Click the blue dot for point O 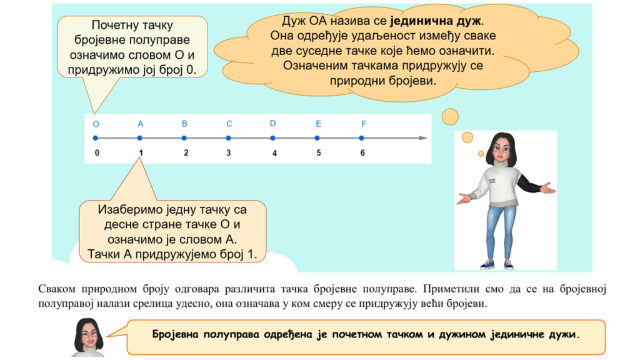tap(96, 138)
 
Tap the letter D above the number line tap(272, 123)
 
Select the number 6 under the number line tap(362, 152)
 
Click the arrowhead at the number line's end tap(423, 138)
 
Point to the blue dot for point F tap(362, 138)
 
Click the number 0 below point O tap(97, 152)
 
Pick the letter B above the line tap(184, 124)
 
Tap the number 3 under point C tap(229, 152)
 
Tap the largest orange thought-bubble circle tap(450, 117)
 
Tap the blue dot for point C tap(229, 138)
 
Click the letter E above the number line tap(318, 124)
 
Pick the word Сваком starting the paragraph tap(57, 289)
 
